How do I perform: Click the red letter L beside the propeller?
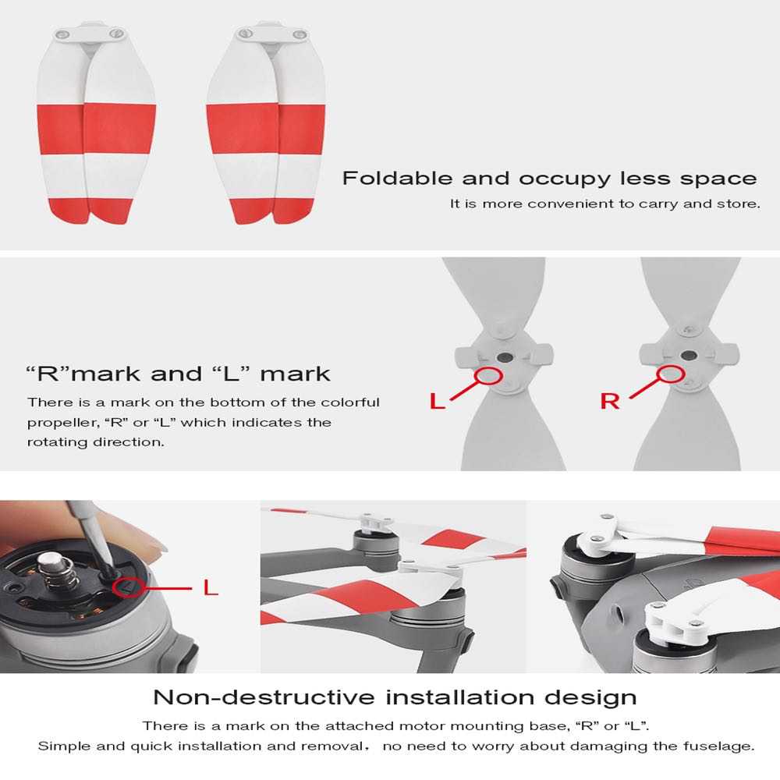[x=438, y=402]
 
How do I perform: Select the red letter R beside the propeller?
[x=610, y=402]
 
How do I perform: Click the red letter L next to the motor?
[x=211, y=587]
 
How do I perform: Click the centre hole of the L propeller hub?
[x=505, y=357]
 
